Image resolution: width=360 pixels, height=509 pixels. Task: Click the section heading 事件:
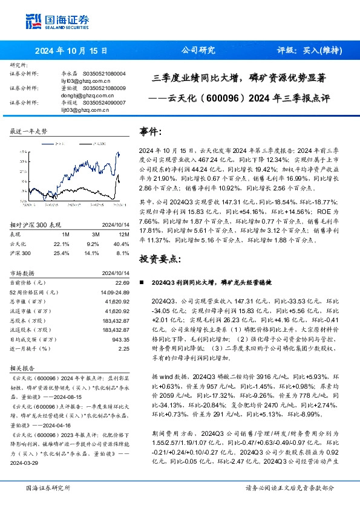click(x=151, y=131)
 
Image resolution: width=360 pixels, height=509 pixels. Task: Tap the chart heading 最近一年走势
click(x=28, y=131)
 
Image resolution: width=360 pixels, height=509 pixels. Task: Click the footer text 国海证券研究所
click(x=47, y=487)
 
